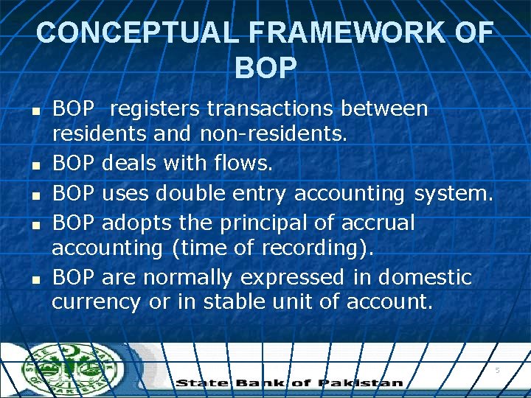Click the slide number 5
point(497,370)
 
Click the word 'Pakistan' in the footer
point(361,383)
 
